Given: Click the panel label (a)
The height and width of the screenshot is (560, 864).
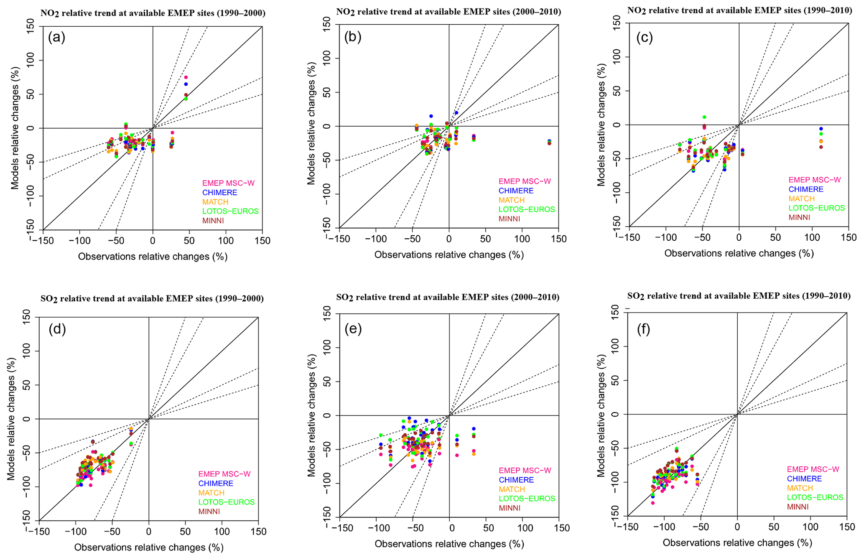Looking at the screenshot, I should pyautogui.click(x=56, y=38).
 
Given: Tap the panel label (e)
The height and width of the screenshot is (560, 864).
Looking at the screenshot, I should pyautogui.click(x=353, y=329).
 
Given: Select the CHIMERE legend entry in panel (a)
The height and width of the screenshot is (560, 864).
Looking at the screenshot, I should pyautogui.click(x=219, y=193).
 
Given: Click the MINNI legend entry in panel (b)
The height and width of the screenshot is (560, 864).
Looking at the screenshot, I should pyautogui.click(x=509, y=219).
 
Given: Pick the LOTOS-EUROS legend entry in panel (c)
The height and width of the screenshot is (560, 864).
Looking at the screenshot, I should pyautogui.click(x=816, y=208).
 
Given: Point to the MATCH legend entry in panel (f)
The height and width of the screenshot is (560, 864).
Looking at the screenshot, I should pyautogui.click(x=800, y=488).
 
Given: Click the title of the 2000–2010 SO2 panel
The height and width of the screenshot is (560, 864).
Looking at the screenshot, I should pyautogui.click(x=448, y=297).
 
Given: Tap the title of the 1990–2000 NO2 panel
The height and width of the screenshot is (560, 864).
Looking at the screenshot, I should pyautogui.click(x=153, y=13).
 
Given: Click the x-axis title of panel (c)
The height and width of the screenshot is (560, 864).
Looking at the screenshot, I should pyautogui.click(x=739, y=253).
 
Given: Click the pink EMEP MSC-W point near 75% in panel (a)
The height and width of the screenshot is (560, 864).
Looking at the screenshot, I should pyautogui.click(x=186, y=77).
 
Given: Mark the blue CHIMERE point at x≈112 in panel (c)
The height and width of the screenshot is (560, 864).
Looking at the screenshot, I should pyautogui.click(x=821, y=129).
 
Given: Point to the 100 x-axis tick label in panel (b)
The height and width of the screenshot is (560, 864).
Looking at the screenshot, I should pyautogui.click(x=522, y=239).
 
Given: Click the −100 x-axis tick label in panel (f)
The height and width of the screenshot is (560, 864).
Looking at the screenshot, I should pyautogui.click(x=664, y=527).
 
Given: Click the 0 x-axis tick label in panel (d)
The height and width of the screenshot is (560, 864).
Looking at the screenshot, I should pyautogui.click(x=149, y=532).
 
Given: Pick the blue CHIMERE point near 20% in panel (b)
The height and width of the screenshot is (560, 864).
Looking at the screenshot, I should pyautogui.click(x=456, y=113).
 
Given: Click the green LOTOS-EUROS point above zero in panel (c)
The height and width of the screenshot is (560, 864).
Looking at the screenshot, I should pyautogui.click(x=704, y=117).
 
